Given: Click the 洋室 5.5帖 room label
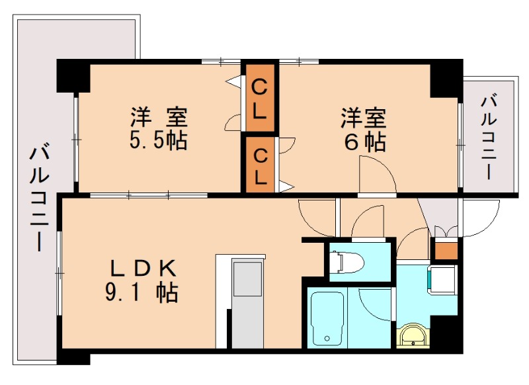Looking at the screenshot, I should (159, 129).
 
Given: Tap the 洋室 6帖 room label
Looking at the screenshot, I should (363, 129).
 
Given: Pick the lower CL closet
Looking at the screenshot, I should (260, 165).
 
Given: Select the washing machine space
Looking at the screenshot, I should (442, 278).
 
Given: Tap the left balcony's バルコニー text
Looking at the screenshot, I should (39, 198).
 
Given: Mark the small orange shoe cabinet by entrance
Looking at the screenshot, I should (446, 251).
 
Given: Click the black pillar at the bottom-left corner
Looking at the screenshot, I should (73, 357).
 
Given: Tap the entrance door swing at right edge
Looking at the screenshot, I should (480, 219).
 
